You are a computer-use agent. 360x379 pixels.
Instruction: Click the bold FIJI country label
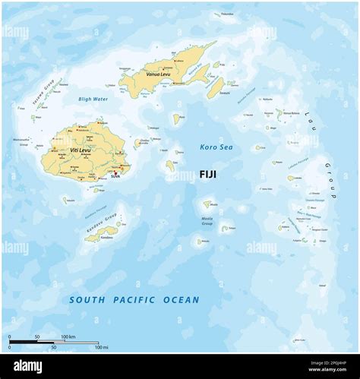click(207, 174)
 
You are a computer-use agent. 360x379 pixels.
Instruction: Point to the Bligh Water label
click(93, 99)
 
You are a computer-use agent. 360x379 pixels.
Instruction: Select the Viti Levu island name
click(80, 150)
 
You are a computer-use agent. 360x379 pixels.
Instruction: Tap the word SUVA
click(115, 176)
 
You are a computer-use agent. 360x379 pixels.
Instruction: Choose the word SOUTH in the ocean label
click(85, 300)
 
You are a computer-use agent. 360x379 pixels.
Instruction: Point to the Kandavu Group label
click(100, 223)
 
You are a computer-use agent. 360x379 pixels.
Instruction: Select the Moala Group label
click(207, 221)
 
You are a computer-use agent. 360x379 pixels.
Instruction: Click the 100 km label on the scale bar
click(68, 336)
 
